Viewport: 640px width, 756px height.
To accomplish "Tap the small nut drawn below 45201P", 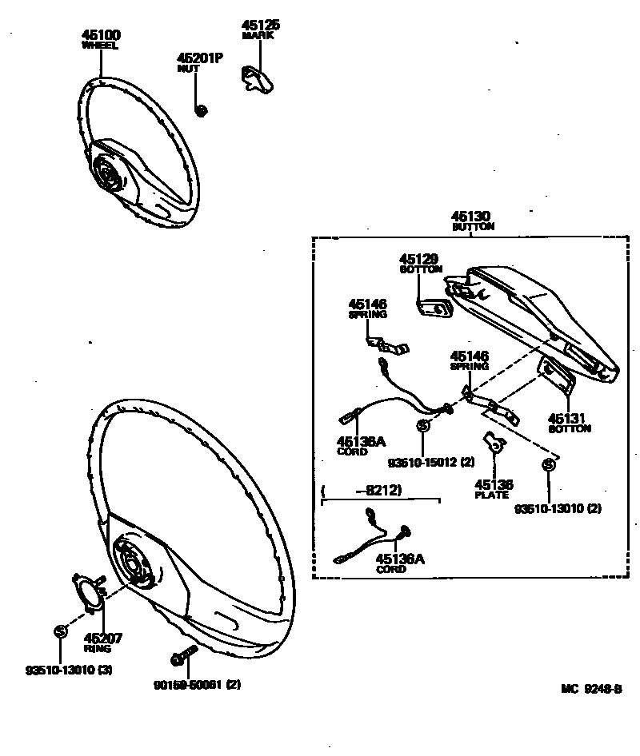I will coord(202,109).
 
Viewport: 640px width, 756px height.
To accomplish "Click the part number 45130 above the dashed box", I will coord(471,216).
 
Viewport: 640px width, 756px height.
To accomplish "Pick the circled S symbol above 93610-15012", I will coord(422,426).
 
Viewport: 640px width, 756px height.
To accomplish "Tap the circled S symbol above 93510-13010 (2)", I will coord(549,466).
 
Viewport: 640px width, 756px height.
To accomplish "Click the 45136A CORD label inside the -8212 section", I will coord(400,563).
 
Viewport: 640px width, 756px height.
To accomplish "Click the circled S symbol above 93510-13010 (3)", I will coord(58,631).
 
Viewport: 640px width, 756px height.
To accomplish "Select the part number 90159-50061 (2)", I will coord(196,685).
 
